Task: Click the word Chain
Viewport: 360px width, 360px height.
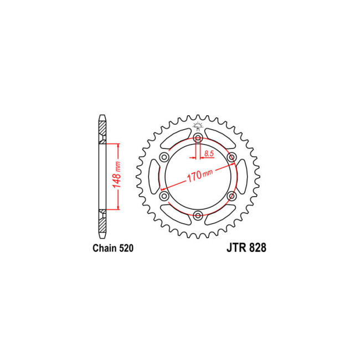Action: pyautogui.click(x=104, y=250)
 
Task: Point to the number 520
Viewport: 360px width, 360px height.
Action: pyautogui.click(x=126, y=250)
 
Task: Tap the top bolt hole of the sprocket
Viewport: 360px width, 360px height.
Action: pyautogui.click(x=198, y=137)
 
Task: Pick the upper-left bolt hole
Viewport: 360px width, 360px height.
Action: pyautogui.click(x=164, y=157)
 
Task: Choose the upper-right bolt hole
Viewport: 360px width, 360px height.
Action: pyautogui.click(x=232, y=157)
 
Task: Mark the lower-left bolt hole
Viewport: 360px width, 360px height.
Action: pyautogui.click(x=164, y=196)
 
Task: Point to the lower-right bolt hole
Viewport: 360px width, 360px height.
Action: pyautogui.click(x=232, y=196)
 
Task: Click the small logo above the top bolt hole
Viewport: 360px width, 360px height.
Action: pyautogui.click(x=198, y=127)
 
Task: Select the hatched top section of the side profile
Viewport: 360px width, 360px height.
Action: pyautogui.click(x=101, y=131)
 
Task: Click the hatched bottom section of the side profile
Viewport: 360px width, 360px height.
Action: pyautogui.click(x=101, y=222)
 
